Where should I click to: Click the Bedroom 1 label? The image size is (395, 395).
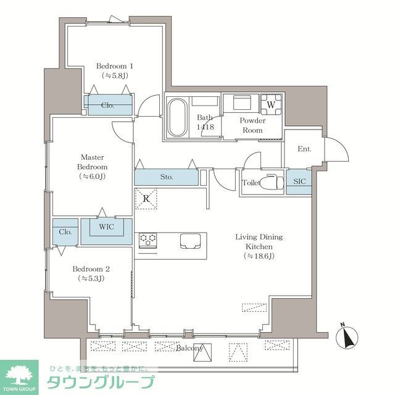(x=115, y=70)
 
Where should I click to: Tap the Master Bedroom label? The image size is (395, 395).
(x=93, y=167)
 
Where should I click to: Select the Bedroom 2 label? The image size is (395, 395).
(x=91, y=273)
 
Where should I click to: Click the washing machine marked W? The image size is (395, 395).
(x=270, y=104)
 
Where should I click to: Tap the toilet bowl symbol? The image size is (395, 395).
(x=270, y=183)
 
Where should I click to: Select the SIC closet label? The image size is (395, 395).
(x=298, y=182)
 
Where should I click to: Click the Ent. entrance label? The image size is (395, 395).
(x=304, y=149)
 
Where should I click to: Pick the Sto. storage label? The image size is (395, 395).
(x=166, y=177)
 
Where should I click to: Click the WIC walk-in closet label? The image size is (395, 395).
(x=106, y=227)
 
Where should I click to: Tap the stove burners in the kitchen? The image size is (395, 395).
(x=148, y=240)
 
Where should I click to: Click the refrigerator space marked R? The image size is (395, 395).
(x=146, y=199)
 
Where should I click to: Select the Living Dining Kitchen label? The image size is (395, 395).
(x=259, y=246)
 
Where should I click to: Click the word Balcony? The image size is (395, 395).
(x=189, y=348)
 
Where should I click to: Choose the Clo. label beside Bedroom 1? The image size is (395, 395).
(x=109, y=105)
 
